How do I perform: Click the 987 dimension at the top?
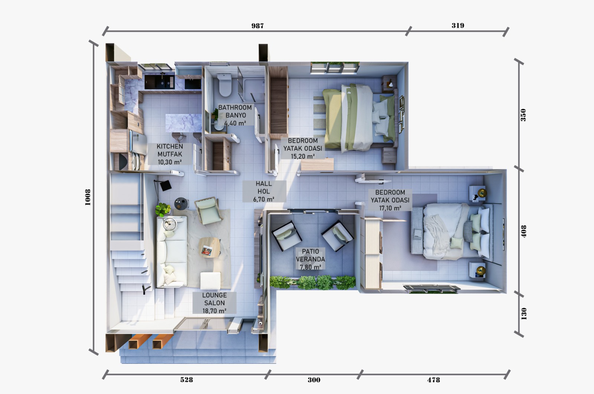click(x=257, y=26)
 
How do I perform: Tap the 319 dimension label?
click(x=458, y=25)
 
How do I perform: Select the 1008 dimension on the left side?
click(x=88, y=197)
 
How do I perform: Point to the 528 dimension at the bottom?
click(x=186, y=380)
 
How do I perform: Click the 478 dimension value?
click(x=433, y=380)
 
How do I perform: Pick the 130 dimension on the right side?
click(x=523, y=313)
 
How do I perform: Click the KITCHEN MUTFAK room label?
click(x=170, y=154)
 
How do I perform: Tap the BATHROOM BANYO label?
click(x=235, y=115)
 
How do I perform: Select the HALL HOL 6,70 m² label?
click(x=264, y=191)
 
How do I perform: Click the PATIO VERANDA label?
click(x=310, y=259)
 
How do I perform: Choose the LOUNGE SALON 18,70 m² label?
click(x=214, y=303)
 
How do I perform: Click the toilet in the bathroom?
click(x=225, y=84)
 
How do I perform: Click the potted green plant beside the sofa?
click(x=163, y=209)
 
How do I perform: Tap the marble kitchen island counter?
click(x=183, y=123)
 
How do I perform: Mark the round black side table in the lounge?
click(x=182, y=203)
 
